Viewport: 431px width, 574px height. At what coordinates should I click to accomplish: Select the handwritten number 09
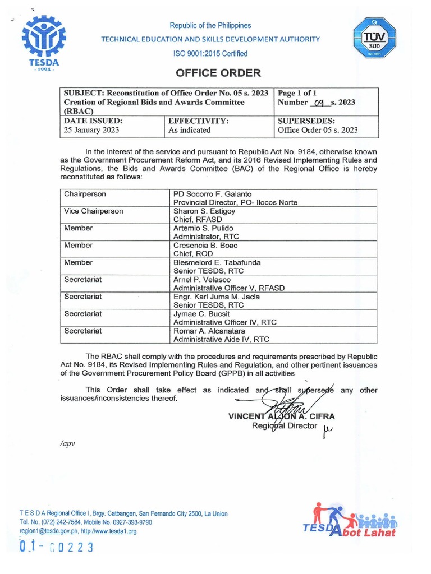click(320, 103)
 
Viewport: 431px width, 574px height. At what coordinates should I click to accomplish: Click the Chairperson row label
click(85, 194)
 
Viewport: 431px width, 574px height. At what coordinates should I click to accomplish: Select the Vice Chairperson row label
click(93, 211)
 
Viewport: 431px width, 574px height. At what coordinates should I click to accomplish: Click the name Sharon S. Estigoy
click(204, 211)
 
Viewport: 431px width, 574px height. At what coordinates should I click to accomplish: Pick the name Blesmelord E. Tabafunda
click(217, 262)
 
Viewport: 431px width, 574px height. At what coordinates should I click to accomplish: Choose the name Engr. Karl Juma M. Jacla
click(217, 297)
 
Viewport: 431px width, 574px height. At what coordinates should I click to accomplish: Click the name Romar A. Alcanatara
click(213, 331)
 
